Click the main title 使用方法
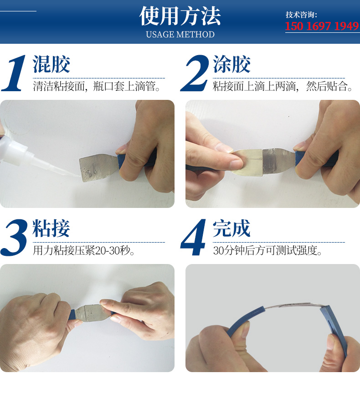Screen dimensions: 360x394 180,16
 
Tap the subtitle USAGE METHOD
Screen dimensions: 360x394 180,34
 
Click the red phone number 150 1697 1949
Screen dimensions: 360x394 322,26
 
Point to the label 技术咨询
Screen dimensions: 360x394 301,15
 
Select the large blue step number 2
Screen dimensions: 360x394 195,73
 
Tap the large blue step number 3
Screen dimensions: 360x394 14,238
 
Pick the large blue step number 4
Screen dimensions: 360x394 194,238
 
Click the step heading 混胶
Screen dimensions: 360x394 51,64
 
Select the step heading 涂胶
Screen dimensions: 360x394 231,64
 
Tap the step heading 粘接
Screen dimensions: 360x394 51,228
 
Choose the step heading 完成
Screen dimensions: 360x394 231,228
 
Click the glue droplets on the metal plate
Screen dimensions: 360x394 91,171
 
